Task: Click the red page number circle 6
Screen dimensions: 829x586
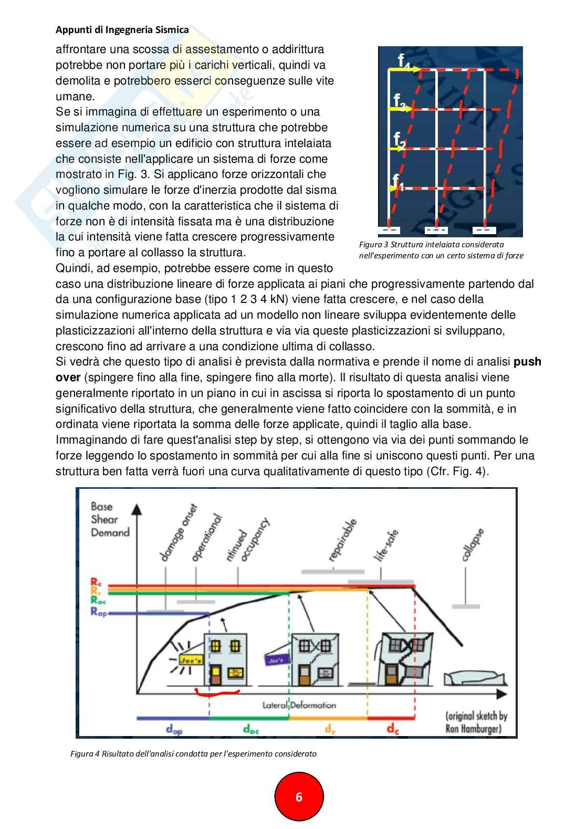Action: (299, 797)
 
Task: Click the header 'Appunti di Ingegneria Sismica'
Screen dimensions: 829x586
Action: (122, 30)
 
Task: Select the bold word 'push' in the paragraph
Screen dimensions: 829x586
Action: (527, 362)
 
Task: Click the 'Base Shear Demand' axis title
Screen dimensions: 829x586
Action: (110, 520)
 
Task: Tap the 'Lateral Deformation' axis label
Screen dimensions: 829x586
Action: (299, 705)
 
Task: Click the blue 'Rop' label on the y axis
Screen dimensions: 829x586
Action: (98, 612)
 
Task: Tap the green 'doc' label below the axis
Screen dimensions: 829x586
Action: (251, 728)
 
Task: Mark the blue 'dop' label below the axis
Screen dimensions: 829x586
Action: (174, 729)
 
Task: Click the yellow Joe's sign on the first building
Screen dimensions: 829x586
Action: (191, 660)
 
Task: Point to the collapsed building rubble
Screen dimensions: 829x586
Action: (475, 678)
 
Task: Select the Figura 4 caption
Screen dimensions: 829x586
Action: (193, 754)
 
